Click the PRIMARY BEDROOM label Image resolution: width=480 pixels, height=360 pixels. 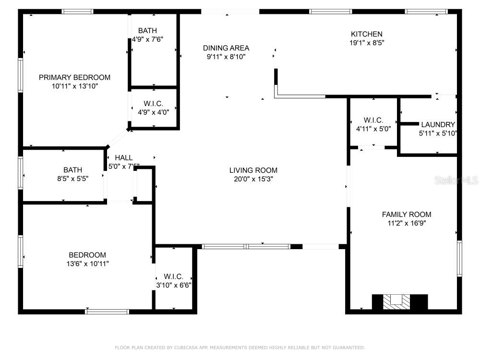click(74, 77)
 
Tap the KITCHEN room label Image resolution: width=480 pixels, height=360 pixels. click(366, 34)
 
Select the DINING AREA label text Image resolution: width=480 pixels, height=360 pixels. click(226, 48)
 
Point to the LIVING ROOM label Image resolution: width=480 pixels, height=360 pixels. click(253, 170)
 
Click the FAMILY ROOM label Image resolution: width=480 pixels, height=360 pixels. click(407, 215)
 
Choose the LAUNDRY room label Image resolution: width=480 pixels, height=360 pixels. click(438, 125)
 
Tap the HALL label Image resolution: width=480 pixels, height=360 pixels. click(124, 157)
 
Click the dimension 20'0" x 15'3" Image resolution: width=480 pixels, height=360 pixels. click(253, 179)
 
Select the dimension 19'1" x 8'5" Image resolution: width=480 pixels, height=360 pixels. click(366, 43)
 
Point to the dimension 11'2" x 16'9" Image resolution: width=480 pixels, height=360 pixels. click(407, 223)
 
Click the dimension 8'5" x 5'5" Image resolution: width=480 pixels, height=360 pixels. click(72, 179)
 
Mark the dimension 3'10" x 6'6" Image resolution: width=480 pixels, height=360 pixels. click(174, 285)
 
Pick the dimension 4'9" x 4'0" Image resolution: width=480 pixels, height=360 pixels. click(154, 112)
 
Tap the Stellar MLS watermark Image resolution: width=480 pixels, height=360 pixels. click(456, 180)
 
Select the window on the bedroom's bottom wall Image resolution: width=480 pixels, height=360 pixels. click(107, 312)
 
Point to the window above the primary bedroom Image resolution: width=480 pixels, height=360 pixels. click(77, 12)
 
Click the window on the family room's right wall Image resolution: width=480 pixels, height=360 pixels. click(459, 259)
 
